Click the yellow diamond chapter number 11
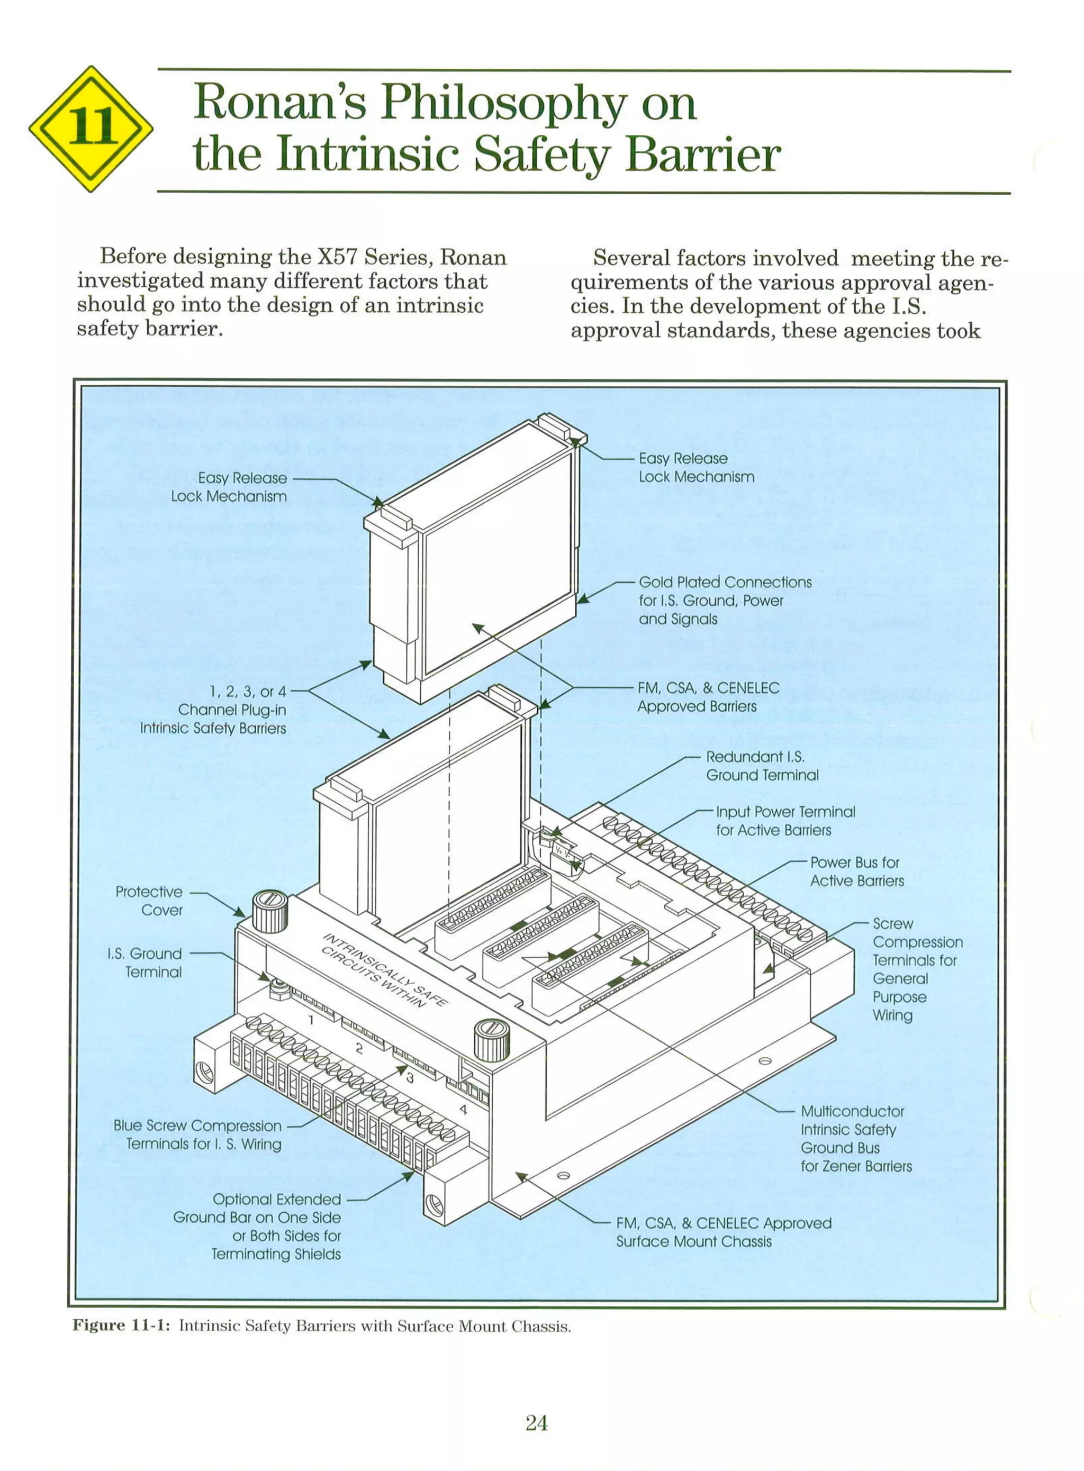coord(91,129)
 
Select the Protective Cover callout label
coord(150,901)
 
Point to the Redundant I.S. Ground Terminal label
coord(761,765)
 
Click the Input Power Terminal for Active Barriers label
coord(785,821)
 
